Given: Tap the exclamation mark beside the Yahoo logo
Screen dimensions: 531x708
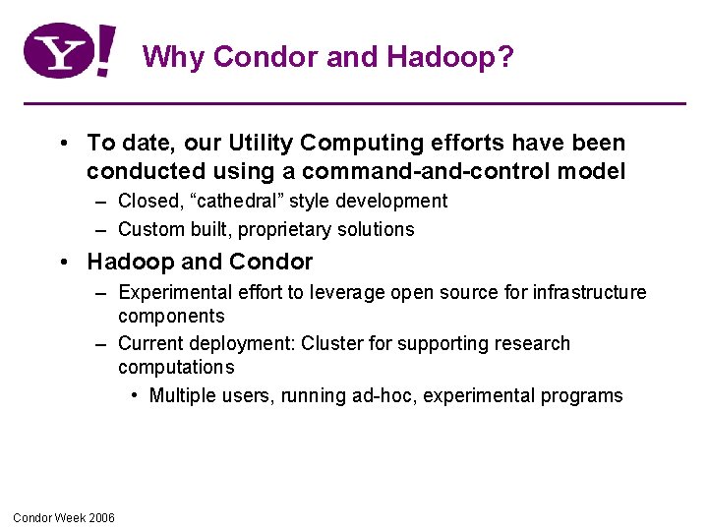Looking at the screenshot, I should (x=105, y=51).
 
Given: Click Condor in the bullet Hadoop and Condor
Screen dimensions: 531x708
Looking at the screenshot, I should (x=274, y=263).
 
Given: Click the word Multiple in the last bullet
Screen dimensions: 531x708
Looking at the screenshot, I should (x=181, y=396).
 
